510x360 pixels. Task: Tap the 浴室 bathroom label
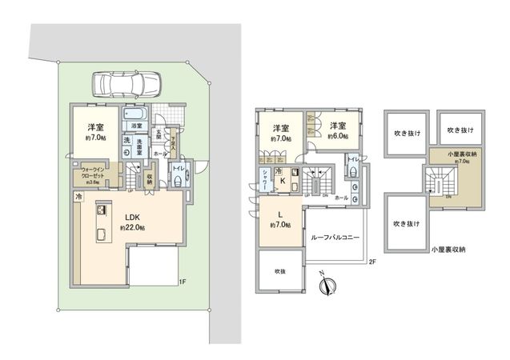pyautogui.click(x=135, y=126)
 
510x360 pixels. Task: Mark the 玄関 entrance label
pyautogui.click(x=159, y=135)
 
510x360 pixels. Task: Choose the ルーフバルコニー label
pyautogui.click(x=335, y=238)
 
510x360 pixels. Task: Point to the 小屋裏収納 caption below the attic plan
pyautogui.click(x=446, y=249)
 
